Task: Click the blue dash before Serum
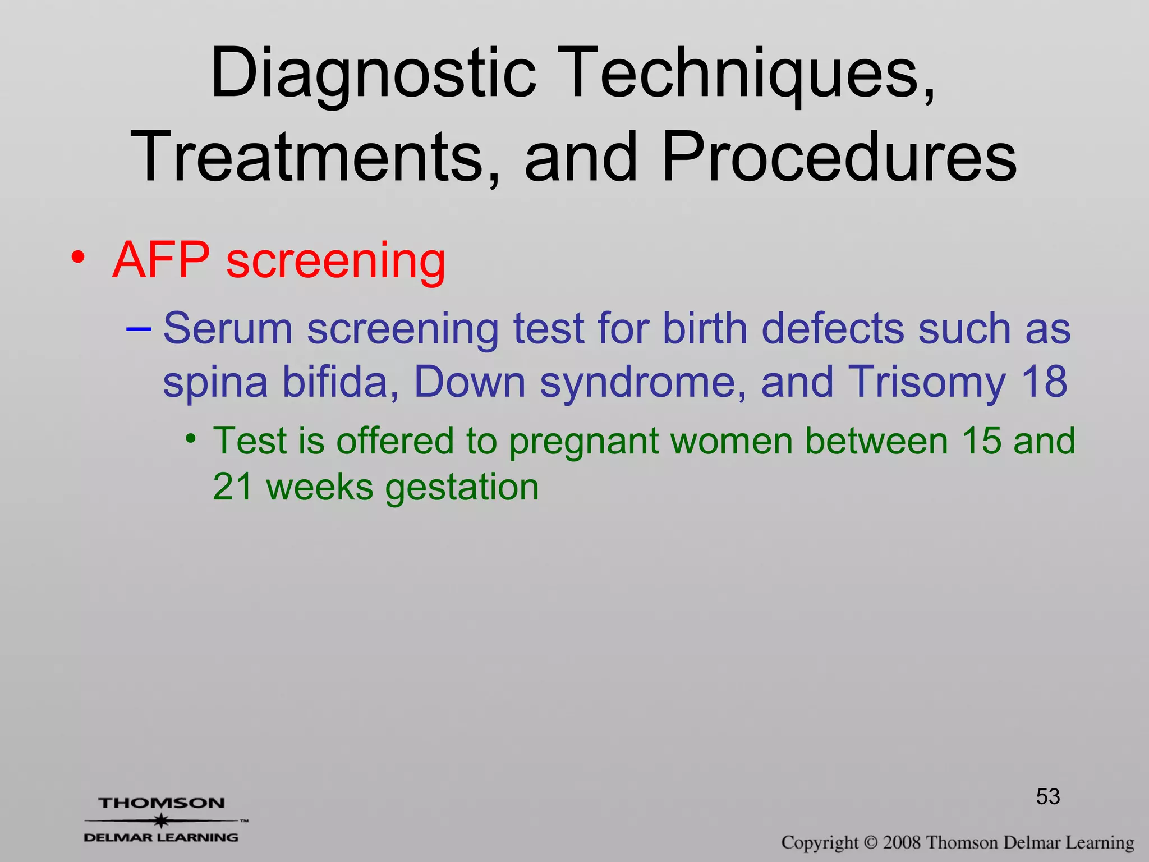click(x=138, y=328)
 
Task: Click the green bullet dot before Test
click(x=191, y=438)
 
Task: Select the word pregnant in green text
click(x=583, y=442)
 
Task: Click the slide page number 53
click(x=1047, y=796)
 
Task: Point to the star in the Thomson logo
click(x=162, y=820)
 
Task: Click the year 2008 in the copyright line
click(x=902, y=842)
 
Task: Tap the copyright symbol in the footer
click(x=870, y=842)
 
